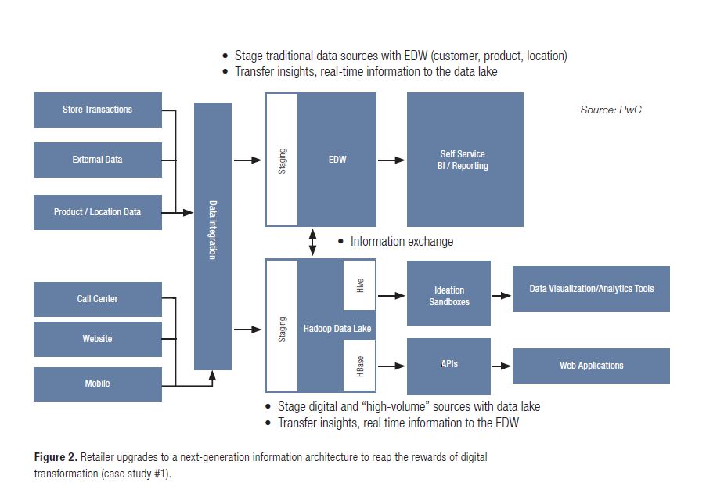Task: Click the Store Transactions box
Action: point(97,110)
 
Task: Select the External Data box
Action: point(97,160)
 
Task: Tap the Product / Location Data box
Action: point(97,212)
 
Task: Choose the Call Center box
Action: point(97,299)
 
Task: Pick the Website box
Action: point(97,339)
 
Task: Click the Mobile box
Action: point(97,384)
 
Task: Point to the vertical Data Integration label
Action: point(213,230)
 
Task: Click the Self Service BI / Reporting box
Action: point(464,160)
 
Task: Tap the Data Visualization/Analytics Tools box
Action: point(591,289)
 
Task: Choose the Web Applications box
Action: point(591,366)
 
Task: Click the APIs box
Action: point(448,366)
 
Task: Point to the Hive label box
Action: point(360,286)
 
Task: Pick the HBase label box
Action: point(360,369)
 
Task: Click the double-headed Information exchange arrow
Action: point(313,242)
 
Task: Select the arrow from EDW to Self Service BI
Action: point(391,160)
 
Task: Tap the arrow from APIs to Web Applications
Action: point(501,366)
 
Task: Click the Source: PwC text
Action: point(611,110)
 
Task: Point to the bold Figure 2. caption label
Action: point(55,457)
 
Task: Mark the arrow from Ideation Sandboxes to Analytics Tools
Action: point(501,295)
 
